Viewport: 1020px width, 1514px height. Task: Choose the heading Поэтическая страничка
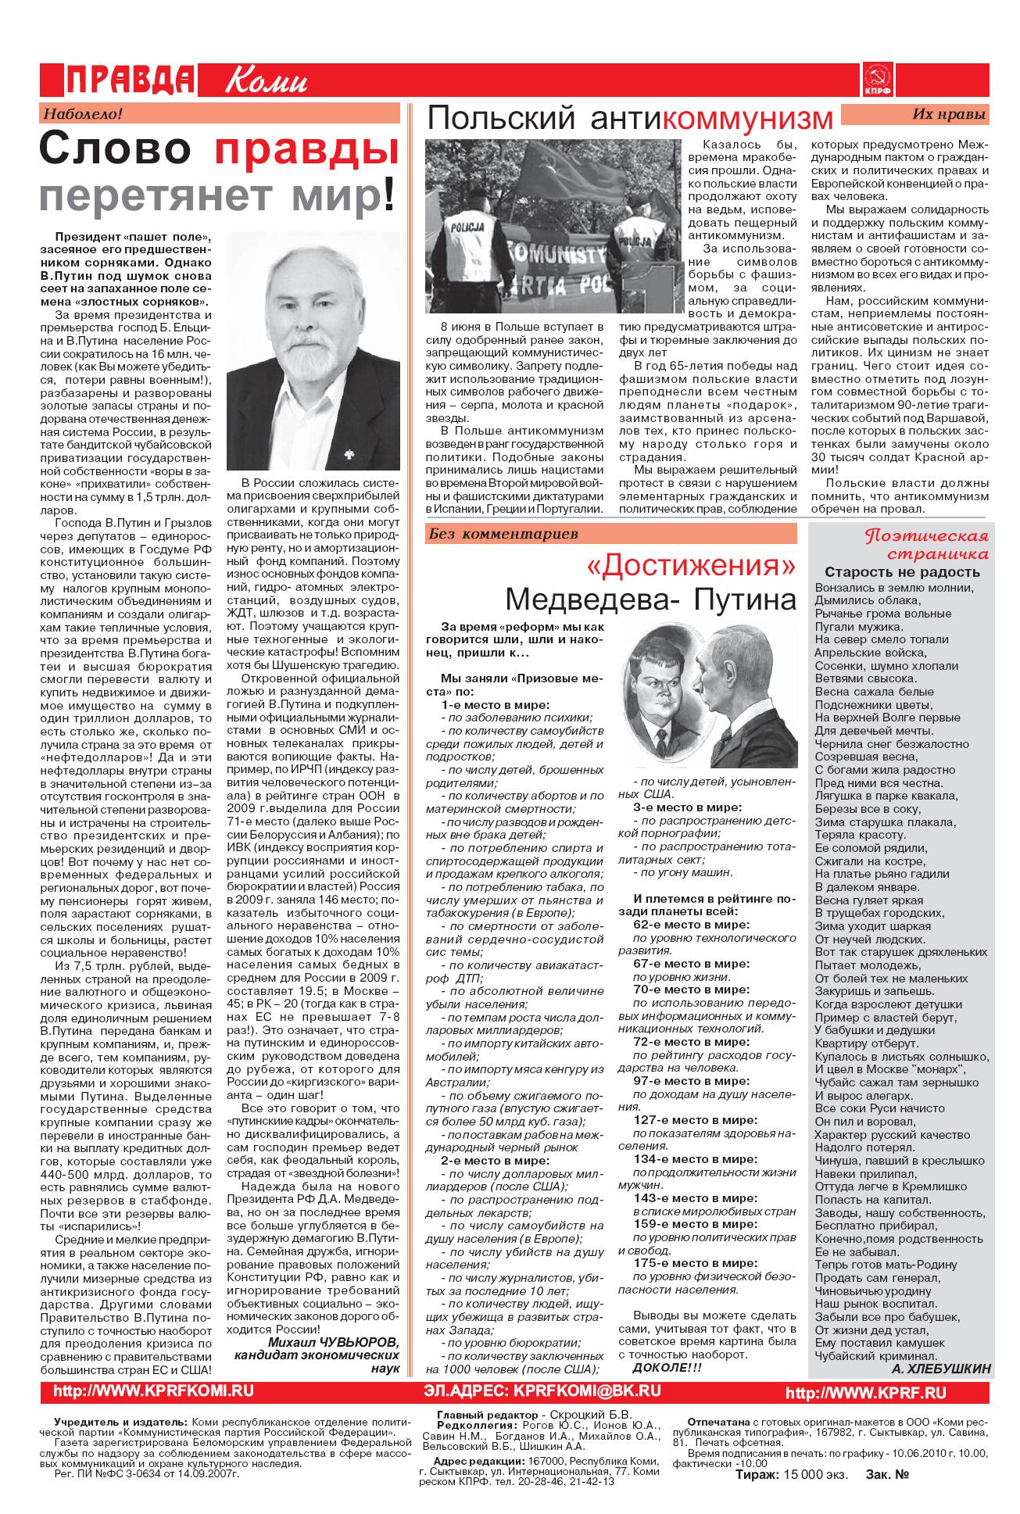(926, 545)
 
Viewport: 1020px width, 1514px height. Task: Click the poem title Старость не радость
(902, 571)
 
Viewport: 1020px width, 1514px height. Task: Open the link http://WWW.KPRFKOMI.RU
(153, 1391)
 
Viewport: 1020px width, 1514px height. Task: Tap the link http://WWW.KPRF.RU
(865, 1393)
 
